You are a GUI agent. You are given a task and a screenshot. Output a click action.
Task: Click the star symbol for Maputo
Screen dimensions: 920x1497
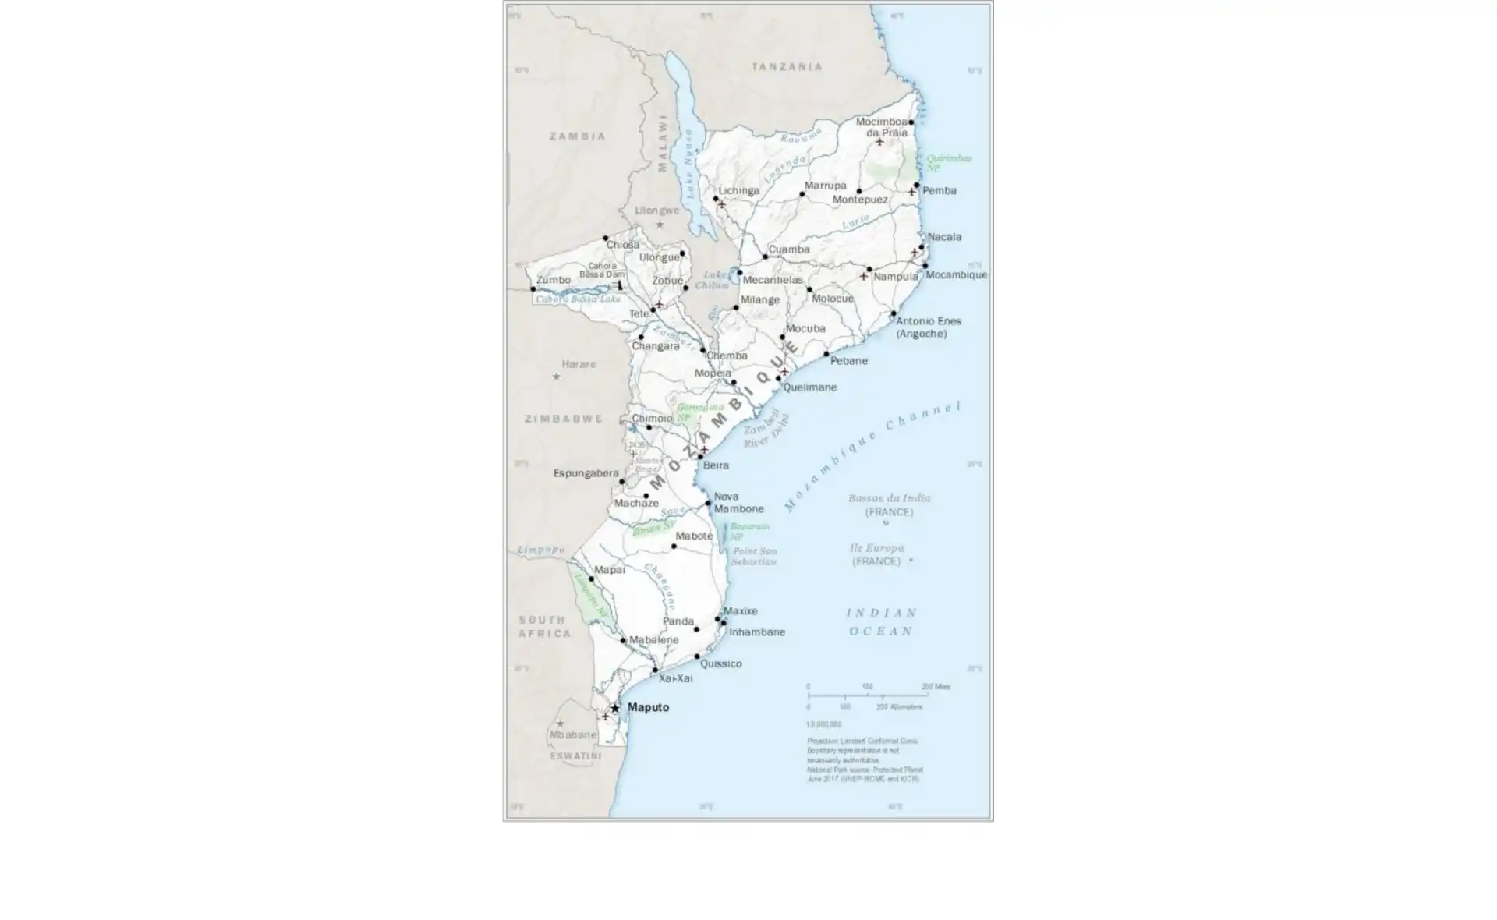(615, 708)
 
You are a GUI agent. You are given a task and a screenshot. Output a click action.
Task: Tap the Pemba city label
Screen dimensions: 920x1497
(939, 191)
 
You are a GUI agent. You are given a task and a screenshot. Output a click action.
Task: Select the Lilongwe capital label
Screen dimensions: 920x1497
(656, 211)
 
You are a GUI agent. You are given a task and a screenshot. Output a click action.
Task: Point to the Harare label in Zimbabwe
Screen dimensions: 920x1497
(579, 364)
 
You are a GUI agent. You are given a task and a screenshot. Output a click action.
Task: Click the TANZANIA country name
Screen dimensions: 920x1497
(787, 67)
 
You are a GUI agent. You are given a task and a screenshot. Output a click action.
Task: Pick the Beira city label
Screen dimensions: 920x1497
(716, 465)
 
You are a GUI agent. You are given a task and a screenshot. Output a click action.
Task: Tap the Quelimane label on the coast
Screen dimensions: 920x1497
(809, 387)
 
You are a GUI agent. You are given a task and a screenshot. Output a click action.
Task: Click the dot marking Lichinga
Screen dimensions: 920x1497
(716, 199)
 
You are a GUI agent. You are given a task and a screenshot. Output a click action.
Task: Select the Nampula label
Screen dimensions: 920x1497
(895, 277)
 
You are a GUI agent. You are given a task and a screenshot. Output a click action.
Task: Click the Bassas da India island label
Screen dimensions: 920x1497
(889, 498)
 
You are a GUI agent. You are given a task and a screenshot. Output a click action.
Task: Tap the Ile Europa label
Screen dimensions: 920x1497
(876, 548)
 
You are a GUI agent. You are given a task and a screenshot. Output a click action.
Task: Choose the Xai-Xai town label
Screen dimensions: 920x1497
(675, 678)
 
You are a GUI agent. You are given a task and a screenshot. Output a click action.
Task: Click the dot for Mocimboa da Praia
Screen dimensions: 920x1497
(911, 122)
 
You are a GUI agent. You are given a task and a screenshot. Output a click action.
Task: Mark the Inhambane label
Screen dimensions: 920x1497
(756, 632)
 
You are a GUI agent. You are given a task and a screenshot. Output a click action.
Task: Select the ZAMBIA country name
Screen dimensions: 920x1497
(577, 136)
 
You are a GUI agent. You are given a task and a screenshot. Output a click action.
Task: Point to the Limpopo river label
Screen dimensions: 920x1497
(541, 550)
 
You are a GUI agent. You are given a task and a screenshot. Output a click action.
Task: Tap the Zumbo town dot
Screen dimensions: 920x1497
(533, 289)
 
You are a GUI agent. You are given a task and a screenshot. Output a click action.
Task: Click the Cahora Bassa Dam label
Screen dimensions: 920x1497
(602, 270)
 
